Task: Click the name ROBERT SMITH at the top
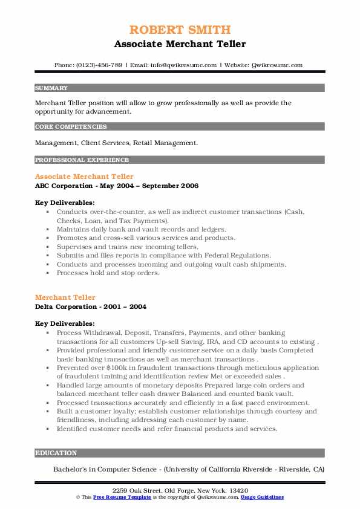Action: tap(180, 30)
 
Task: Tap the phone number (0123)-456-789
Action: tap(97, 65)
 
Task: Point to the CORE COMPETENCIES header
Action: tap(71, 127)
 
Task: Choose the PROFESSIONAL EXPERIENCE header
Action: tap(82, 160)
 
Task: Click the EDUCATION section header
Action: tap(56, 453)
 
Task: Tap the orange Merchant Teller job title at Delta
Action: tap(65, 297)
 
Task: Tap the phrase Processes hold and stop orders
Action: tap(108, 273)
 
